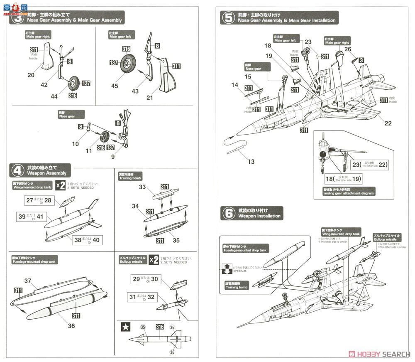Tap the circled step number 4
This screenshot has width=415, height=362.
17,170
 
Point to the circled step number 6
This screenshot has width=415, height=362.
228,214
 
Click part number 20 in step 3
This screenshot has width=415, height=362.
31,75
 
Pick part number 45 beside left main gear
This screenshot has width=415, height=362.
114,86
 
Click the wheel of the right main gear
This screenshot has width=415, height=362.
74,83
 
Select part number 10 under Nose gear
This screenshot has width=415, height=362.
75,144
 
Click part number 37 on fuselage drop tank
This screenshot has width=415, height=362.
28,281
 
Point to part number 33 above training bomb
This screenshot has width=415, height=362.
142,187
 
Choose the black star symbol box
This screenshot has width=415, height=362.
124,327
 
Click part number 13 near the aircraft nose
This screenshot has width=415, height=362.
251,161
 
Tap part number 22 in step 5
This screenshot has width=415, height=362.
388,123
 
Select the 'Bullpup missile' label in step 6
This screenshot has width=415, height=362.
387,237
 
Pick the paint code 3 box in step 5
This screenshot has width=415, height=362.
361,60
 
